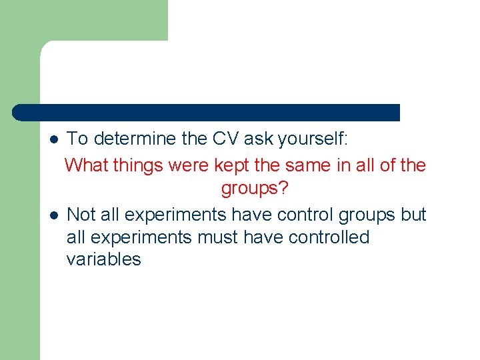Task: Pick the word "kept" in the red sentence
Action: click(x=229, y=165)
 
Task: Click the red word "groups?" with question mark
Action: click(x=255, y=189)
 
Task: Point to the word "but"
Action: click(x=413, y=215)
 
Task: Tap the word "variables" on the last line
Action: click(x=103, y=259)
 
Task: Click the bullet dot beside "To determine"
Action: click(x=54, y=140)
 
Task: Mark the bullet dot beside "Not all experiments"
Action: click(x=54, y=215)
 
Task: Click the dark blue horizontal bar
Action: click(x=207, y=113)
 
